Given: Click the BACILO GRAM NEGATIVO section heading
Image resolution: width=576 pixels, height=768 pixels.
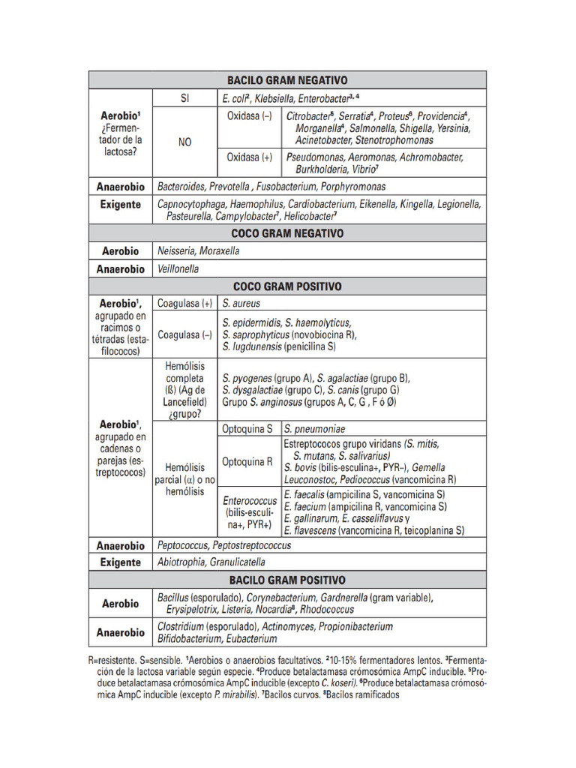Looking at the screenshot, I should click(x=287, y=80).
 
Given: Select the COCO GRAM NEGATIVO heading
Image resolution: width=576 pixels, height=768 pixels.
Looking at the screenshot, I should click(x=287, y=233).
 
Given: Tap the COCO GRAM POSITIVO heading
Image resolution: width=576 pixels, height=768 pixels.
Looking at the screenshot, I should click(x=287, y=286).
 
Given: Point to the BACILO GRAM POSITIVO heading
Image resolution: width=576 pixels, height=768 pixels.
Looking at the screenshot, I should click(x=287, y=580).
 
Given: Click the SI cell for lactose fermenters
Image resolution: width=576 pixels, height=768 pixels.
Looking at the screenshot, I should click(x=184, y=98).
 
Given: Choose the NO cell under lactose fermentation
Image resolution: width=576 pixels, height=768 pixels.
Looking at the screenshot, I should click(x=184, y=142).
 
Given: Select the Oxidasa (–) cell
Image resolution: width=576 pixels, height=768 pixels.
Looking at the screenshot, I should click(x=250, y=117).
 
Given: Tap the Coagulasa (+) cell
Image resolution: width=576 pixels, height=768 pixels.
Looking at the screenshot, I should click(x=184, y=304).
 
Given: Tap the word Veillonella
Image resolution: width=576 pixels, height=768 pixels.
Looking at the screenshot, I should click(x=178, y=269).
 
